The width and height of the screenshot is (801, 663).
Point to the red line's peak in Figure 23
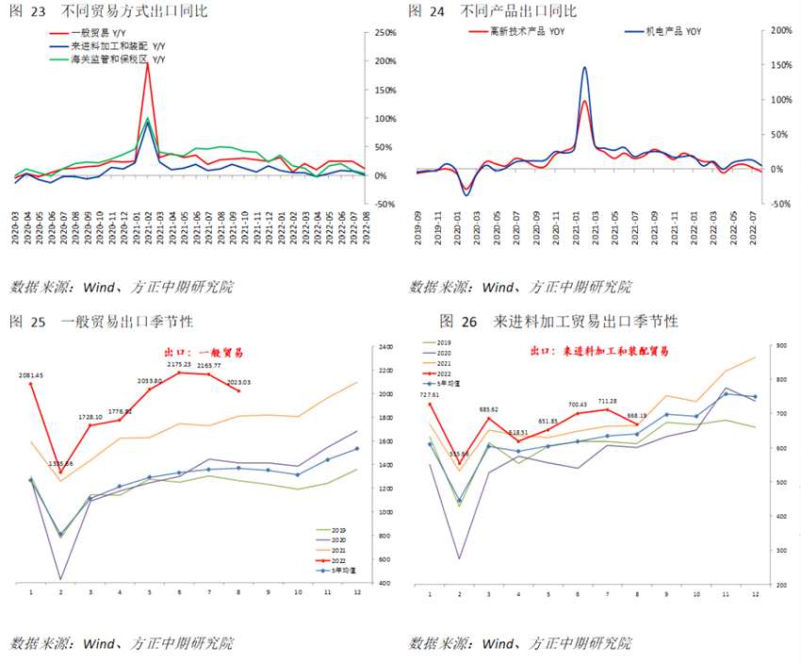[148, 63]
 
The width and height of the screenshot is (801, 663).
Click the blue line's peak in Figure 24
[585, 67]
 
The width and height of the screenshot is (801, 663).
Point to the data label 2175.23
[179, 364]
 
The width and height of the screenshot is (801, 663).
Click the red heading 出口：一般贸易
[204, 352]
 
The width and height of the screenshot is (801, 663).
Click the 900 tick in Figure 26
[781, 346]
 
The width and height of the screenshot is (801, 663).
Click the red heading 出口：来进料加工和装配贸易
[598, 351]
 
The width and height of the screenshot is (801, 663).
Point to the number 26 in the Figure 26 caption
[474, 322]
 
